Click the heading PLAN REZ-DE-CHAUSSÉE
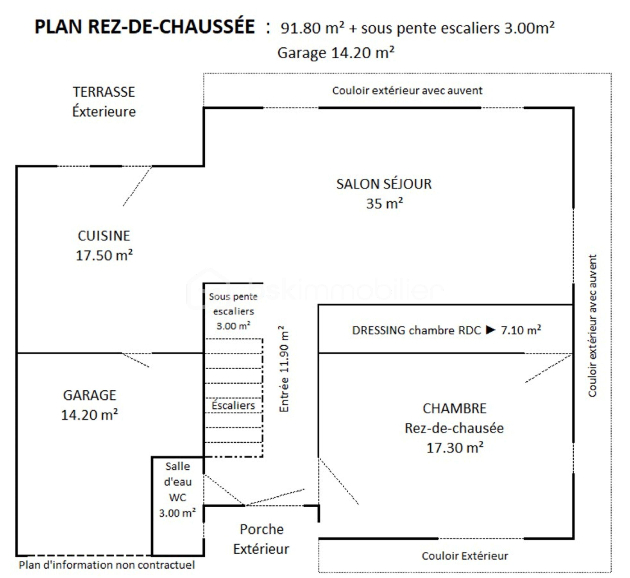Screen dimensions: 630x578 point(145,27)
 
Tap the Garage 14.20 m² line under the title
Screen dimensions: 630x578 point(336,52)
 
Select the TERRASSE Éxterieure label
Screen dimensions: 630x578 point(104,102)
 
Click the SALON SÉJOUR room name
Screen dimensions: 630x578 point(384,184)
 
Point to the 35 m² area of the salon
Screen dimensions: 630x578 point(384,203)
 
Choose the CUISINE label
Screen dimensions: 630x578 point(104,236)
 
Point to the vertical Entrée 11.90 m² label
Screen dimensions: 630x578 point(284,369)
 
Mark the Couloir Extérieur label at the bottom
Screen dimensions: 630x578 point(465,556)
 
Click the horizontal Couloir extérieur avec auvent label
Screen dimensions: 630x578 point(407,91)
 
